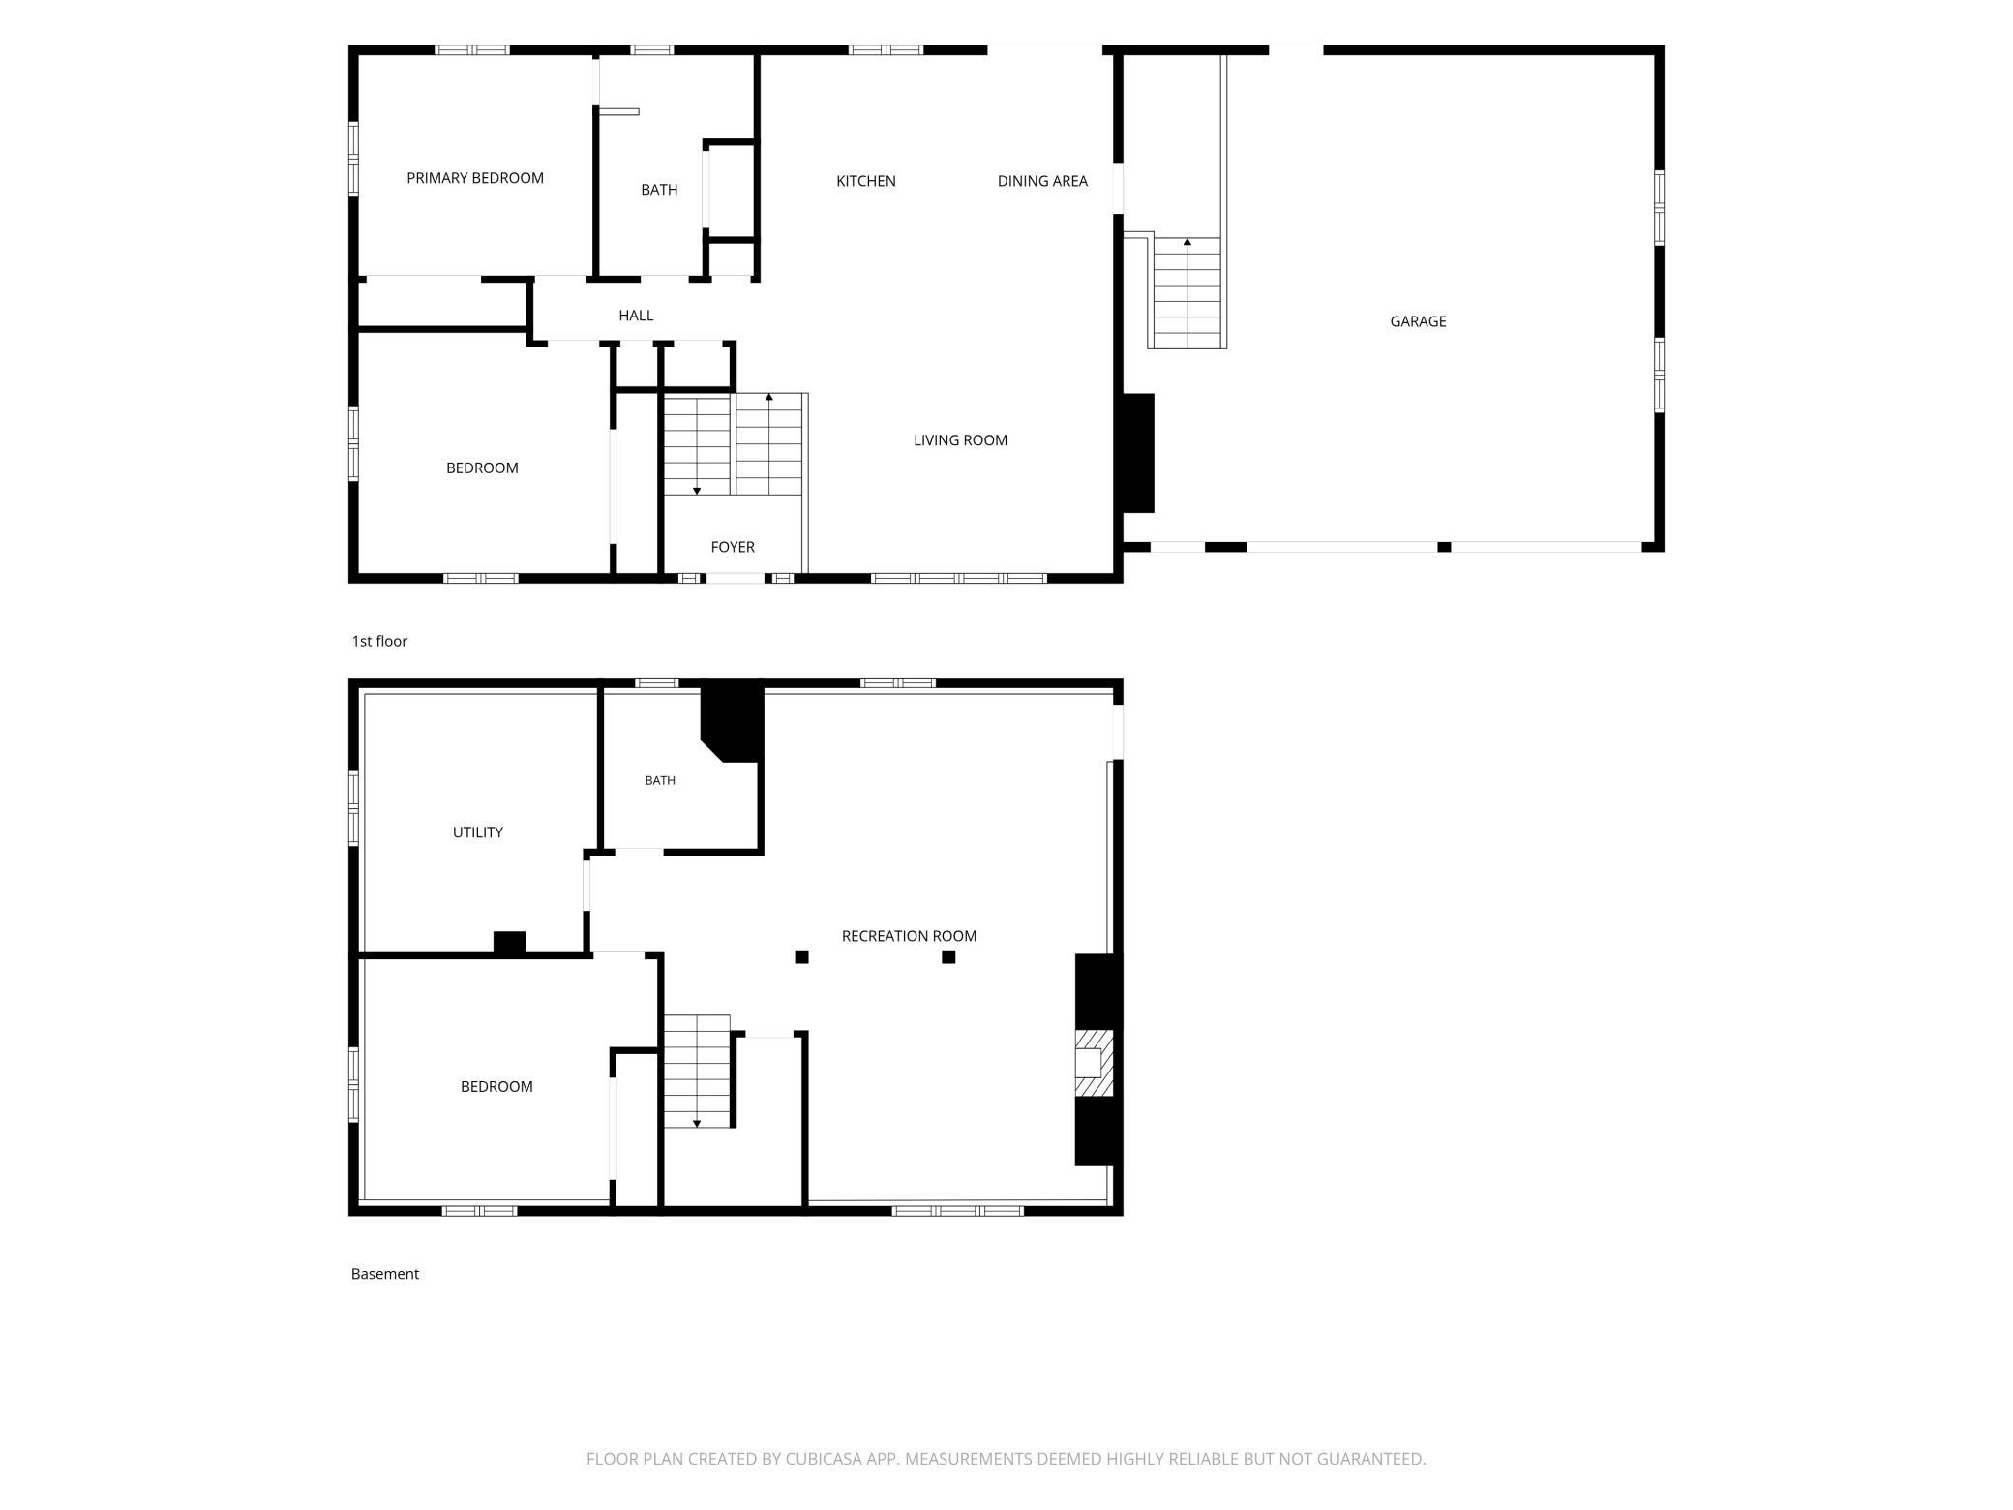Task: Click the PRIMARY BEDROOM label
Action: pyautogui.click(x=475, y=178)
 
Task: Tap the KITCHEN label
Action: pyautogui.click(x=866, y=181)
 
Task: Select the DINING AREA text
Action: pyautogui.click(x=1042, y=181)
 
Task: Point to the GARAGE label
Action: pyautogui.click(x=1418, y=321)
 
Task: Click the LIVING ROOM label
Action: pyautogui.click(x=960, y=440)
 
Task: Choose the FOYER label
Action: pyautogui.click(x=733, y=547)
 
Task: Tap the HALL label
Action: pyautogui.click(x=636, y=316)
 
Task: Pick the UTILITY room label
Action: pyautogui.click(x=478, y=832)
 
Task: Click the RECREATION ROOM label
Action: pyautogui.click(x=909, y=936)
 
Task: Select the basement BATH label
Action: pyautogui.click(x=660, y=780)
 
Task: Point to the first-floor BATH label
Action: pyautogui.click(x=659, y=190)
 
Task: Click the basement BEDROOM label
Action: pyautogui.click(x=496, y=1087)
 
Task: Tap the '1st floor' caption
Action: pyautogui.click(x=379, y=641)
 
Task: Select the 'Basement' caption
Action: pyautogui.click(x=385, y=1274)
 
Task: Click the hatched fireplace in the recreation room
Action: pyautogui.click(x=1094, y=1063)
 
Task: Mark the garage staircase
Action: pyautogui.click(x=1187, y=292)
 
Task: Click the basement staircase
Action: pyautogui.click(x=697, y=1072)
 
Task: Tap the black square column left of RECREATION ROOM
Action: pyautogui.click(x=801, y=957)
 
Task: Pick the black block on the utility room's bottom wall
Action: pyautogui.click(x=509, y=944)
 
